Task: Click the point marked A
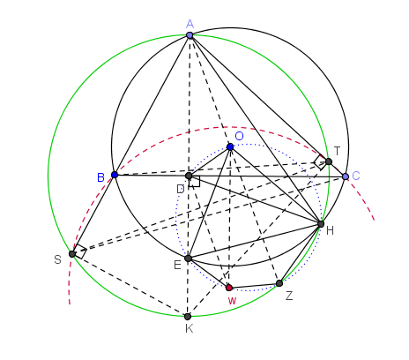[190, 35]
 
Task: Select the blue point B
[115, 175]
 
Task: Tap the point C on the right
[346, 176]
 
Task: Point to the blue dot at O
[230, 146]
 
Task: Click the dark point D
[189, 176]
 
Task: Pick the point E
[188, 259]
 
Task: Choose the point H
[321, 224]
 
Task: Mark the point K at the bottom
[188, 317]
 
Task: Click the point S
[72, 254]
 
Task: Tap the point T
[329, 161]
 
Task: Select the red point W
[229, 288]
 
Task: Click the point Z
[279, 283]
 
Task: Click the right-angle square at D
[195, 182]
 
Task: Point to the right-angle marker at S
[80, 251]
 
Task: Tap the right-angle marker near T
[321, 162]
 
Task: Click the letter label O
[239, 136]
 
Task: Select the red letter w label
[232, 301]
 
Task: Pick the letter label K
[190, 328]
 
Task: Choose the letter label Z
[289, 296]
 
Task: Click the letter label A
[190, 24]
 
